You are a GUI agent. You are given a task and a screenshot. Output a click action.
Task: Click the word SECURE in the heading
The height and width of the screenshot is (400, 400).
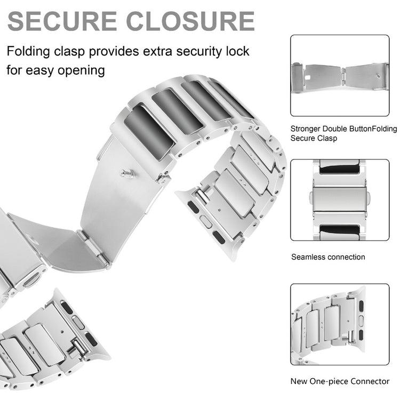(x=62, y=21)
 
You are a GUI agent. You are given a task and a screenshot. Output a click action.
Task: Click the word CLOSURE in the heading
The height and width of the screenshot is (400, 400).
(x=190, y=21)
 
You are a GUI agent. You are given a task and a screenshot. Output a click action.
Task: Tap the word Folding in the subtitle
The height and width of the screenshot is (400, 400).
(x=28, y=52)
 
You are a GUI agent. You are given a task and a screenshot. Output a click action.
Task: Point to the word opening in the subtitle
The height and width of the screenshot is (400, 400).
(x=82, y=71)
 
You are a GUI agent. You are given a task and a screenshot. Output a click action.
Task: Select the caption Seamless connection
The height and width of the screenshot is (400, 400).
(x=328, y=257)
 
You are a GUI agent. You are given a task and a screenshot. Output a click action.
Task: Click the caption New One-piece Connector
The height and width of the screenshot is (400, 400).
(x=340, y=381)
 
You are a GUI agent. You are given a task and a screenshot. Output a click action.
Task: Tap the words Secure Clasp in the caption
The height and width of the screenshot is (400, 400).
(x=314, y=138)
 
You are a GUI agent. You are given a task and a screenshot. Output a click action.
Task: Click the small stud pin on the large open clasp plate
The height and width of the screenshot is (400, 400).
(x=127, y=174)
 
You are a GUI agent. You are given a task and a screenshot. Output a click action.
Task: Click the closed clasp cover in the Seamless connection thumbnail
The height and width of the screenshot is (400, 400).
(x=340, y=200)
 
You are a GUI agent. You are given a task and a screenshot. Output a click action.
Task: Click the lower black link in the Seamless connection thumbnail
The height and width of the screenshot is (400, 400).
(x=340, y=229)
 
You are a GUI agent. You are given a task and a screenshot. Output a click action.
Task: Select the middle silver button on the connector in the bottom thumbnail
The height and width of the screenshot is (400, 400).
(x=361, y=321)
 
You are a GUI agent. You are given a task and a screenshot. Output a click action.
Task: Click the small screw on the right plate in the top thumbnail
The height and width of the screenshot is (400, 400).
(x=378, y=76)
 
